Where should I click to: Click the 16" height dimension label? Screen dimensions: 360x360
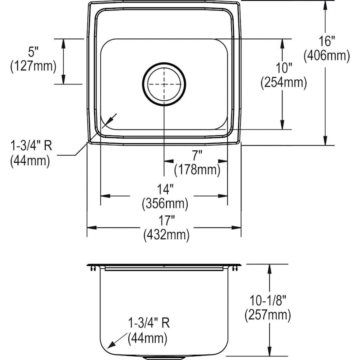(327, 41)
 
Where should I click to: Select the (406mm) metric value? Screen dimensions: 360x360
(327, 56)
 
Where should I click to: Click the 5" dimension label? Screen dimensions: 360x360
(33, 52)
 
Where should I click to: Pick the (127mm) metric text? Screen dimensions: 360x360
(33, 66)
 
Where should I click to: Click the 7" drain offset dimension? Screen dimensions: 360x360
(197, 155)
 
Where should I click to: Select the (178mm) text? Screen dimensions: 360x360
(197, 170)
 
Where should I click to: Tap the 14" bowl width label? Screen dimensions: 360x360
(165, 189)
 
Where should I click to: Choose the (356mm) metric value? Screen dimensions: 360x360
(165, 204)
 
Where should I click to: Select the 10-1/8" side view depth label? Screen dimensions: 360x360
(267, 300)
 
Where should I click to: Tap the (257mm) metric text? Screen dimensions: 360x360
(267, 315)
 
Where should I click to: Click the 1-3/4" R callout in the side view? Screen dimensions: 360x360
(148, 324)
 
